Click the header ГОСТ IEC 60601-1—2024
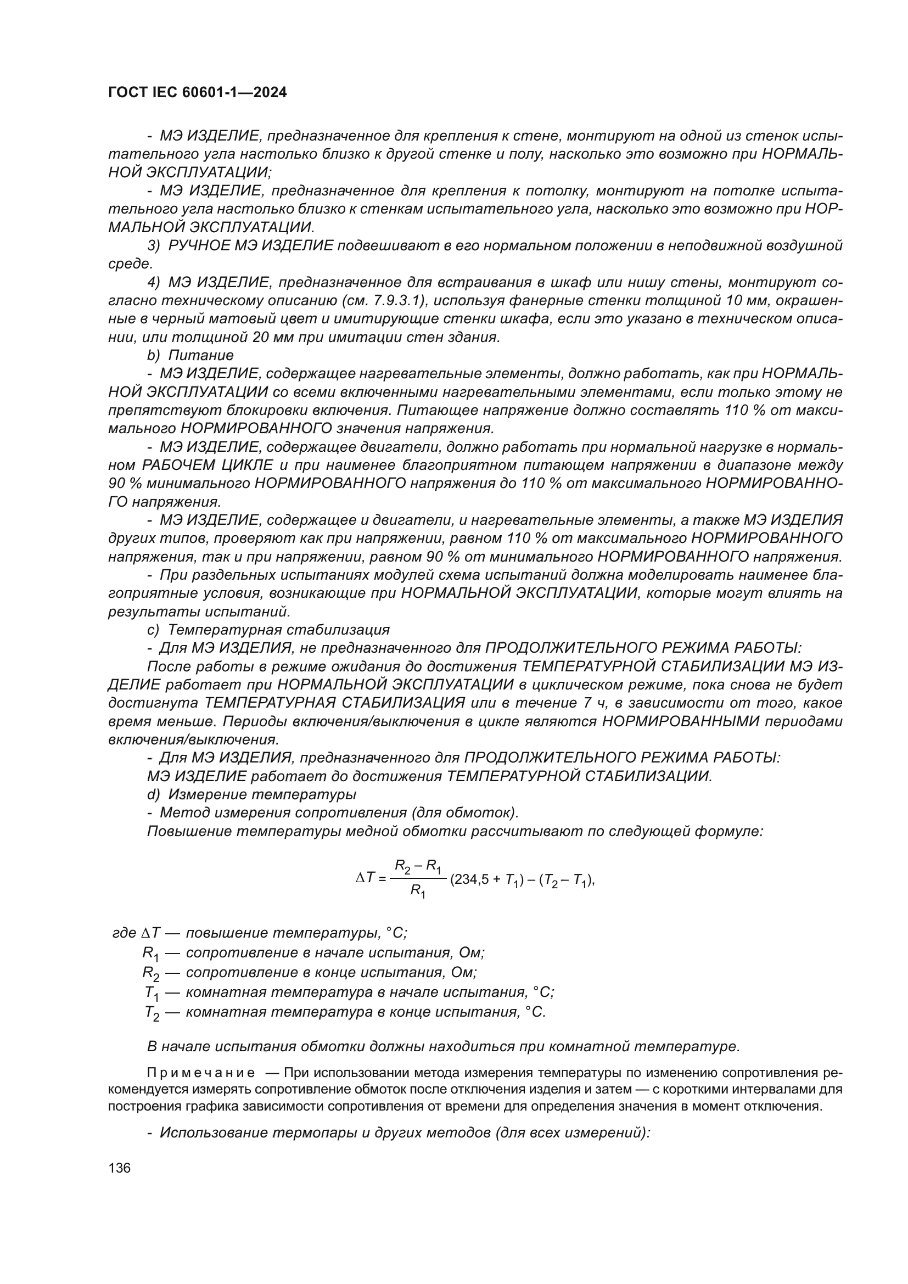(197, 93)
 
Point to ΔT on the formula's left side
(366, 880)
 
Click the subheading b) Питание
(190, 355)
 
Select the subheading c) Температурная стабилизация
(268, 630)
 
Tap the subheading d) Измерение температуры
(251, 794)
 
